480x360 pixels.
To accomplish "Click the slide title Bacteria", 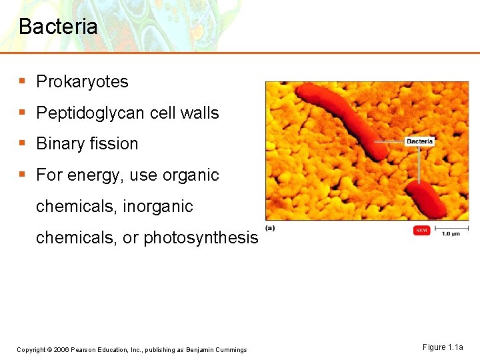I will (58, 27).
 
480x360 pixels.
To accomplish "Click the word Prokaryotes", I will (82, 82).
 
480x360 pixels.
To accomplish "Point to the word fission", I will (115, 144).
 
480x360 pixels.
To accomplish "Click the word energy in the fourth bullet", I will (85, 175).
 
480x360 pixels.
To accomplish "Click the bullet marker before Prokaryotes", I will (23, 82).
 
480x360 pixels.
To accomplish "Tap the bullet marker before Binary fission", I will (23, 144).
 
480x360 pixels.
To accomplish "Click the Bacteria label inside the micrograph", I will (419, 141).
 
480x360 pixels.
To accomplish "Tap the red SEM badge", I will (421, 231).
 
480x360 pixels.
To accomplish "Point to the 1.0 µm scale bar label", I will (451, 234).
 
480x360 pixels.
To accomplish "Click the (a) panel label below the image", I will (270, 227).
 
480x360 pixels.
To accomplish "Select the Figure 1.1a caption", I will (442, 347).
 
